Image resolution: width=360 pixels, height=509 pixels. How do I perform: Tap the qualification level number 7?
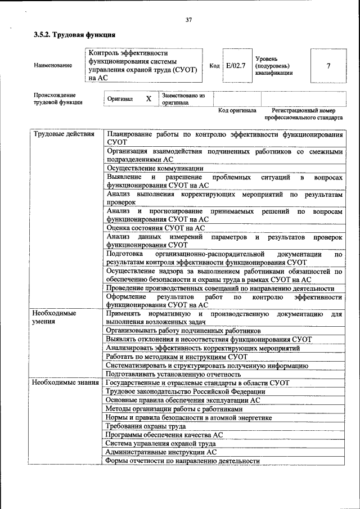tap(328, 66)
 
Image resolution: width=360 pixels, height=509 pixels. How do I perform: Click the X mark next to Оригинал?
tap(148, 99)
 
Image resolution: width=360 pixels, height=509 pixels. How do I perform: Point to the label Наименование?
tap(53, 66)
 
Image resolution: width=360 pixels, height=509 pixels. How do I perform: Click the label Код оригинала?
tap(237, 111)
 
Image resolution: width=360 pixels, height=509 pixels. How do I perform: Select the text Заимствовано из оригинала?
tap(183, 100)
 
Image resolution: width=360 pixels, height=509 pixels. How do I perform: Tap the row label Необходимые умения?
tap(53, 318)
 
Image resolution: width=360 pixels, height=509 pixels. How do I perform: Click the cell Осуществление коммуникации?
tap(154, 168)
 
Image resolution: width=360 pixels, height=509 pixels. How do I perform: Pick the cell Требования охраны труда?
tap(145, 426)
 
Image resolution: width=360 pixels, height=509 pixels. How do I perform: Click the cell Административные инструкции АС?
tap(161, 452)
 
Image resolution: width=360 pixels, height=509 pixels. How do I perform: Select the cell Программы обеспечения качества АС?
tap(164, 435)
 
